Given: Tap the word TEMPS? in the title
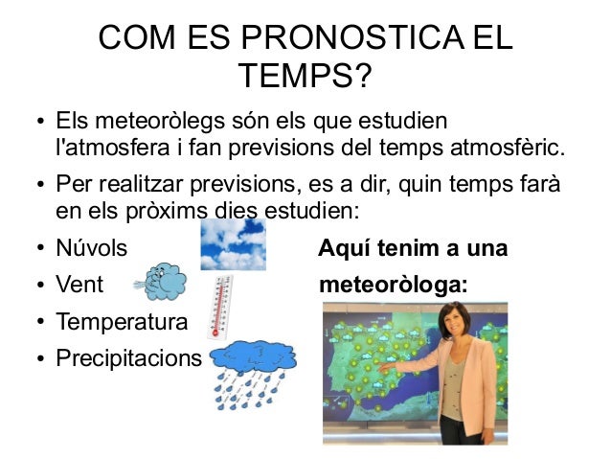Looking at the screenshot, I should tap(305, 75).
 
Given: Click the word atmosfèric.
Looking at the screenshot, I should tap(517, 149).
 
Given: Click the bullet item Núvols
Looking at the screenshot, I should tap(91, 248).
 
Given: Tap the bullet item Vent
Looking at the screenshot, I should tap(79, 285).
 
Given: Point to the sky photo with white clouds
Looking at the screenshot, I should tap(233, 244).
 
